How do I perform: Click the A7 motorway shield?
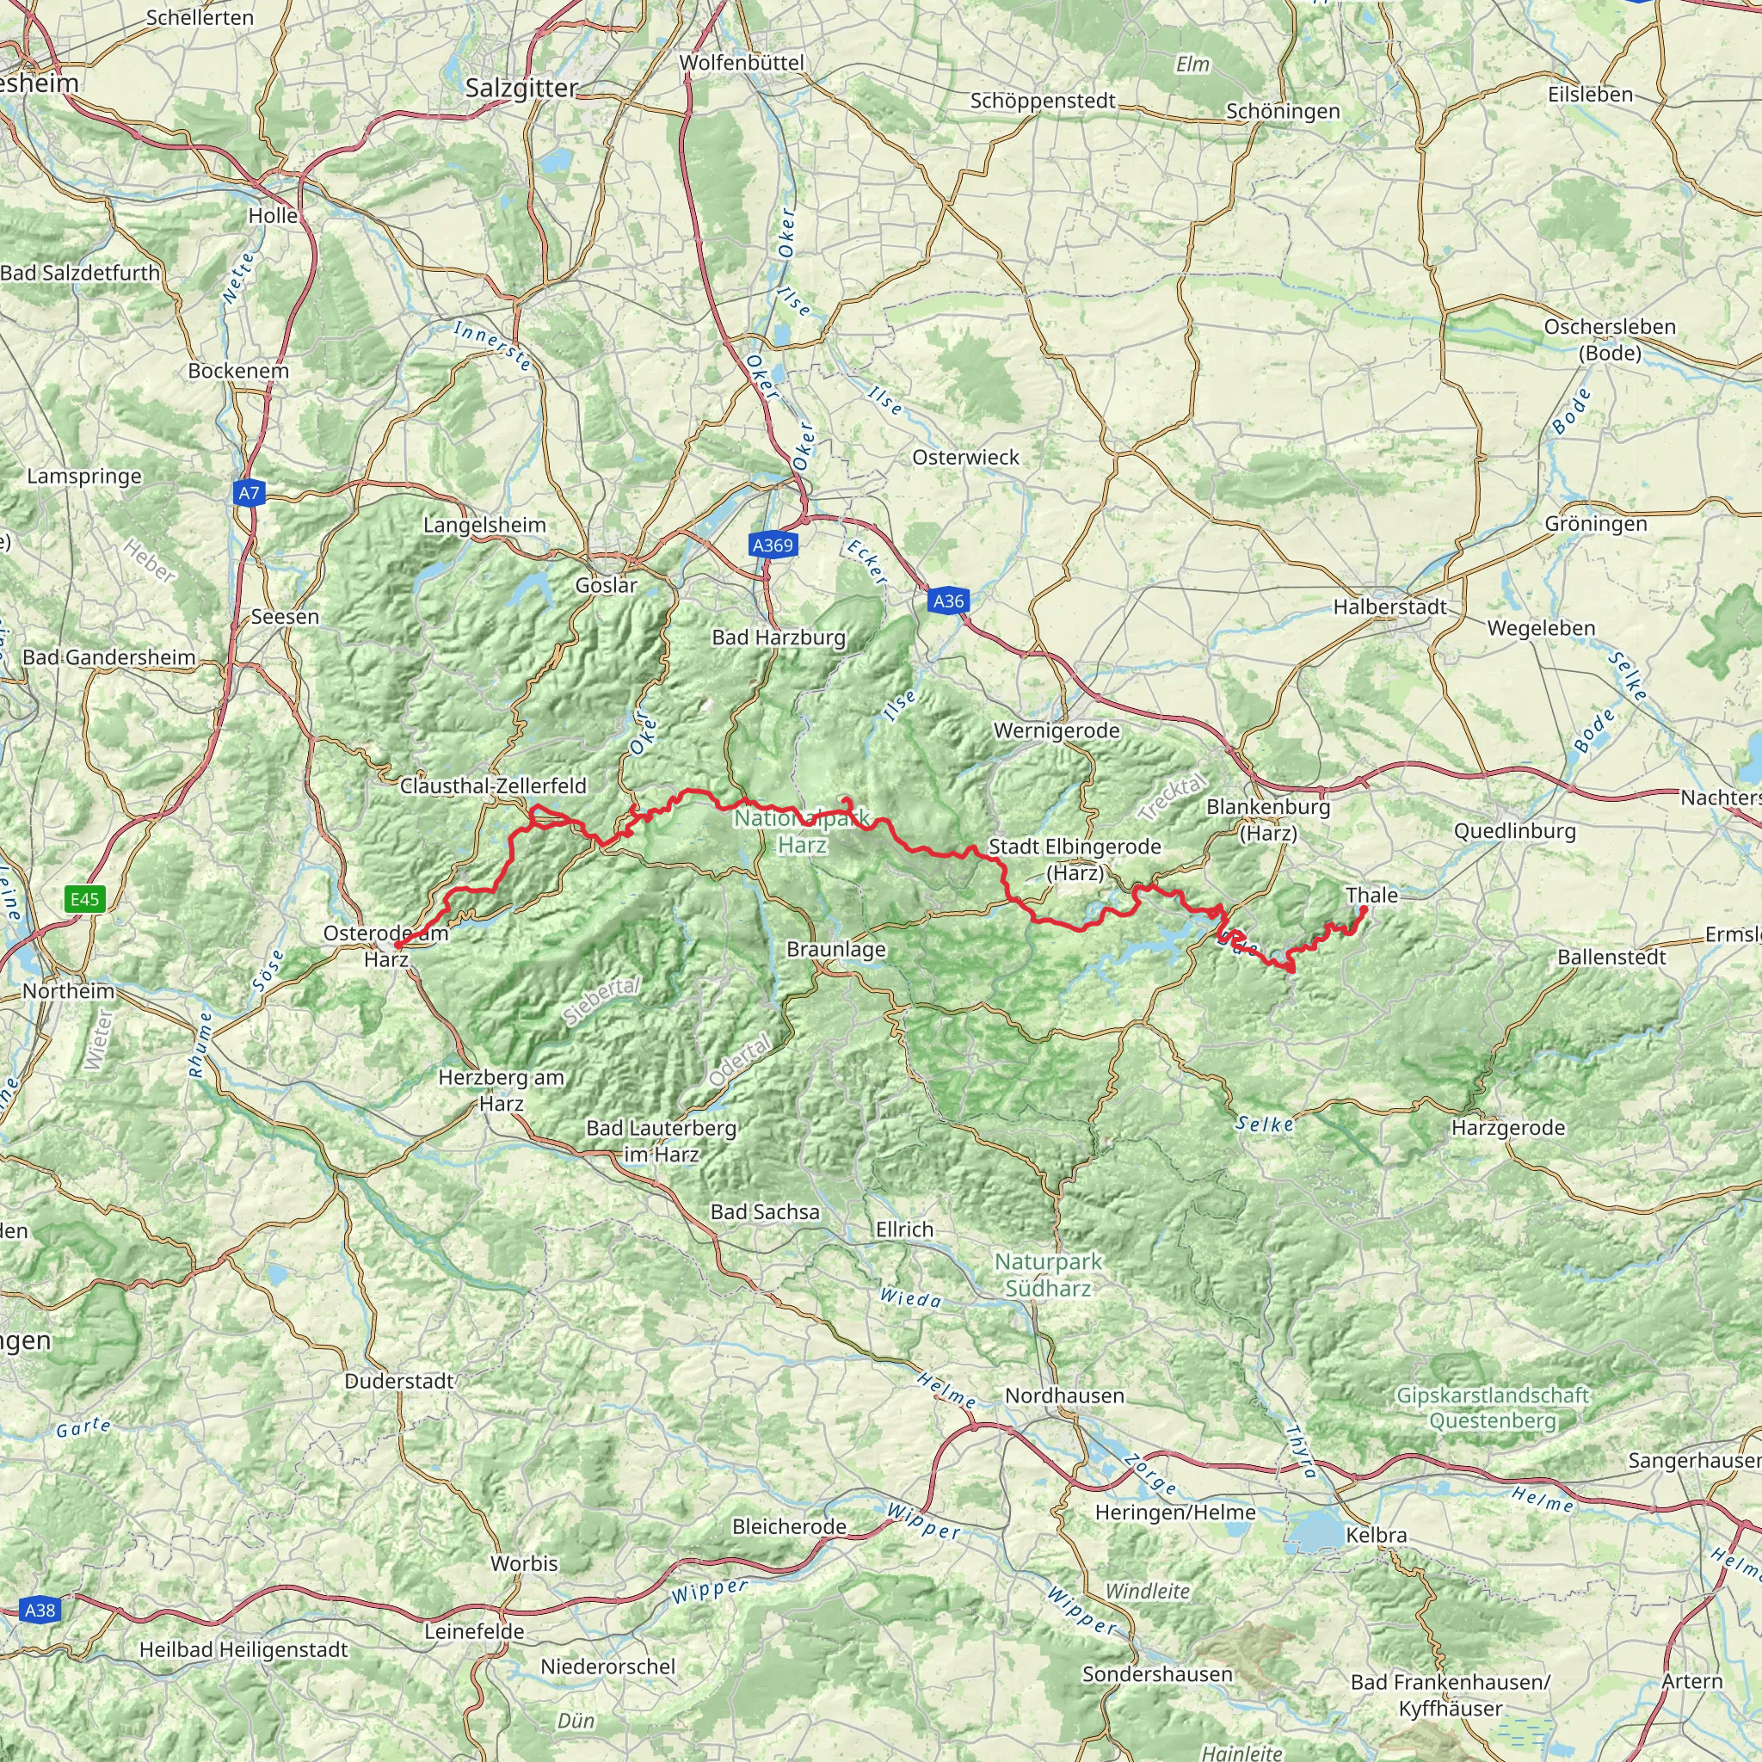[248, 493]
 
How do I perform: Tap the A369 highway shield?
[773, 545]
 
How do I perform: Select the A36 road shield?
[948, 601]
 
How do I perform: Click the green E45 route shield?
[85, 899]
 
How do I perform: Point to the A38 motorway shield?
[40, 1610]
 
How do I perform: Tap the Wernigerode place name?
[1057, 730]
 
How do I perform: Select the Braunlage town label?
[835, 950]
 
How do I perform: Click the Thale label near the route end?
[1371, 896]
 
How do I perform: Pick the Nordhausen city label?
[1064, 1395]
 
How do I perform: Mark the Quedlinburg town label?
[1515, 831]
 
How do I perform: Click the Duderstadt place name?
[398, 1381]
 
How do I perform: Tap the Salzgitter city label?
[521, 89]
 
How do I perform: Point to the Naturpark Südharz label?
[1048, 1275]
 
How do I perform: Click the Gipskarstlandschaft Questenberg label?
[1493, 1408]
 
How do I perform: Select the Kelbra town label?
[1377, 1535]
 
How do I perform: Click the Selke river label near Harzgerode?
[1265, 1124]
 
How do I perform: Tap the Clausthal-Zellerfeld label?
[493, 786]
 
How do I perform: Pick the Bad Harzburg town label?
[779, 638]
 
